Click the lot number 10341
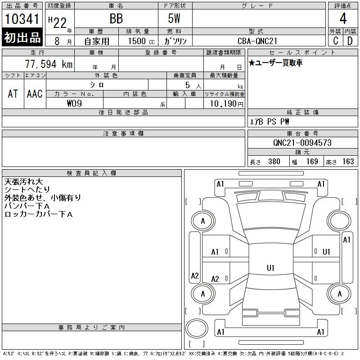point(22,19)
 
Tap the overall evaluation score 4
point(342,19)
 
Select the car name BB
point(116,19)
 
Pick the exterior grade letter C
point(335,40)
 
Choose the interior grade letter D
point(350,40)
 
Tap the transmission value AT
point(13,94)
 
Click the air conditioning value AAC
point(35,94)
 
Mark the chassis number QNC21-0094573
point(302,143)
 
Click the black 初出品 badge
point(22,38)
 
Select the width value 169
point(312,162)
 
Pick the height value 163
point(348,162)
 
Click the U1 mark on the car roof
point(270,268)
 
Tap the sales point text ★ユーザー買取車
point(275,63)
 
